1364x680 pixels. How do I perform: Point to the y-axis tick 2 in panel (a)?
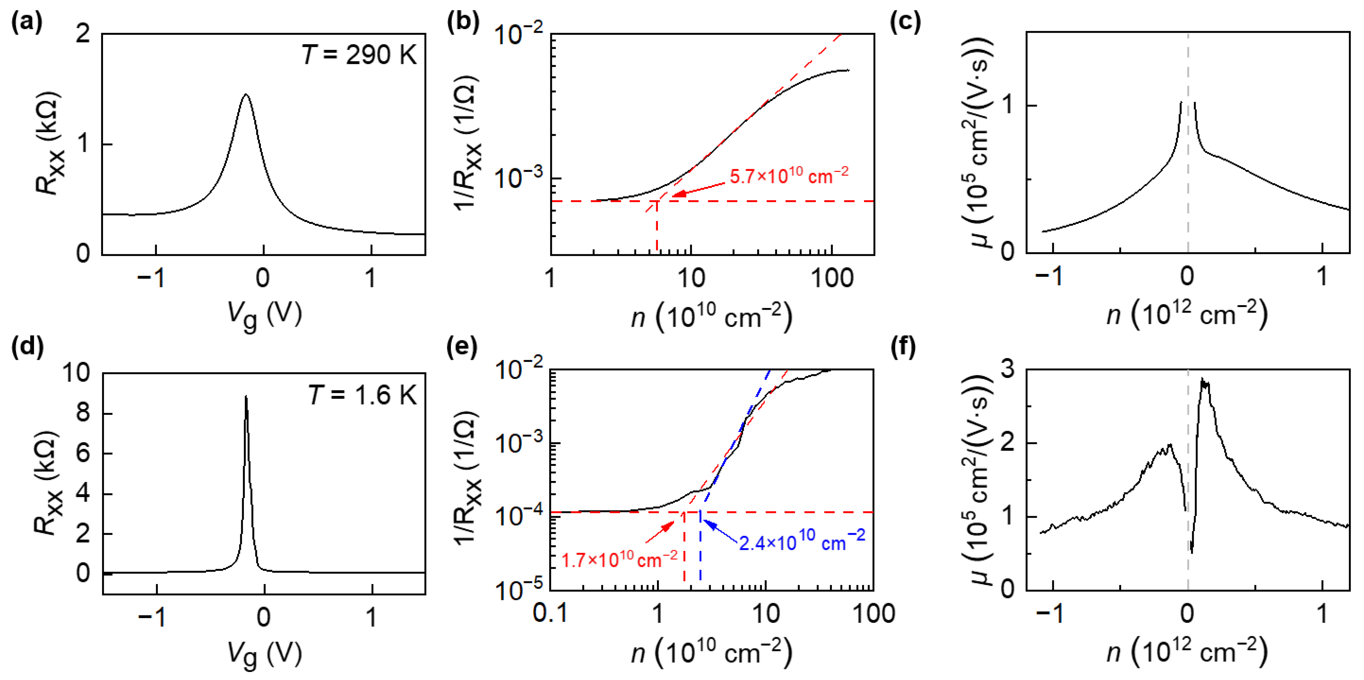83,35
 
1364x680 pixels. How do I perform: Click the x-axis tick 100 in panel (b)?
832,278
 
